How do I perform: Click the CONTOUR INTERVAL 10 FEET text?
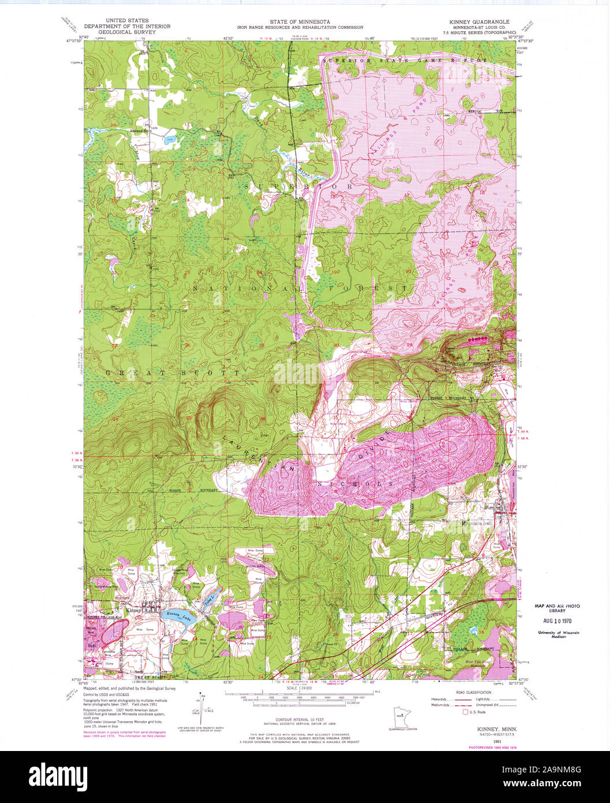pos(300,719)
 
